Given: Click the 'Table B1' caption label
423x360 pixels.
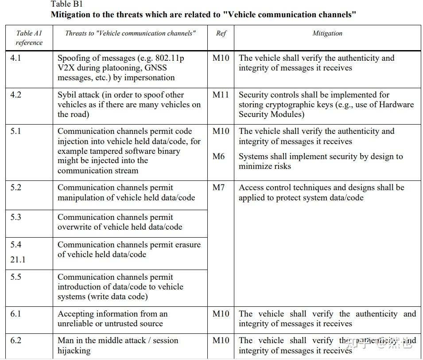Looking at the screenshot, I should [x=66, y=4].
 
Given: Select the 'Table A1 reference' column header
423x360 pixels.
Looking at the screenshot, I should [x=29, y=38].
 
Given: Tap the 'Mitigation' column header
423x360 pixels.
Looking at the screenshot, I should [x=327, y=33].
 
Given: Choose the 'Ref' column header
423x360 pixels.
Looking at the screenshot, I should [x=221, y=33].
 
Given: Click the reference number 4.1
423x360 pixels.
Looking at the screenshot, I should [x=16, y=58].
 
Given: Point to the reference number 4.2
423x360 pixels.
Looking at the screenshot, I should [x=16, y=95].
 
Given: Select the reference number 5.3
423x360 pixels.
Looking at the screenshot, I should [x=16, y=217].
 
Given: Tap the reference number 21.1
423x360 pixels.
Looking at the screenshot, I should [x=18, y=260].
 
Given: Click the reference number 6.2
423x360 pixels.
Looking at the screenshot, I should [x=16, y=340].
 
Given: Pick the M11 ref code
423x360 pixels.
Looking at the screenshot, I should [x=221, y=95].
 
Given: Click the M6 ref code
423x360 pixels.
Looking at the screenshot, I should [x=218, y=156].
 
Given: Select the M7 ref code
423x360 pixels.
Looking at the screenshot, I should [x=218, y=188].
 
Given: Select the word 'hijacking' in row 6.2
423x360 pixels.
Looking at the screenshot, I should [x=74, y=351].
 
